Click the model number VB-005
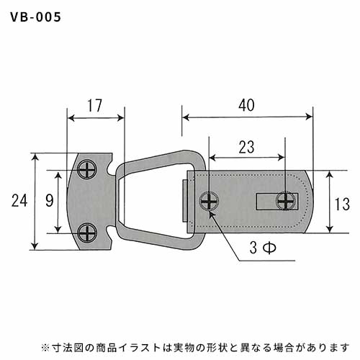[x=35, y=17]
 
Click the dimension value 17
[x=94, y=105]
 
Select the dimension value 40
[x=246, y=105]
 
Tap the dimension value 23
[x=246, y=147]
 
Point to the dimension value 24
[x=19, y=201]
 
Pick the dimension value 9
[x=50, y=201]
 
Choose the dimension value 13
[x=342, y=204]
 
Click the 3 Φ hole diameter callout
[x=263, y=248]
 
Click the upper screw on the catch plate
[x=87, y=170]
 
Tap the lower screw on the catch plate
[x=87, y=233]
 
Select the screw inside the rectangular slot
[x=286, y=201]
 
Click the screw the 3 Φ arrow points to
[x=210, y=201]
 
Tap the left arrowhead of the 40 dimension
[x=186, y=117]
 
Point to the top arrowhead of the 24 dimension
[x=35, y=157]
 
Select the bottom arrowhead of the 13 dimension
[x=330, y=229]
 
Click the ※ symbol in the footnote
[x=45, y=348]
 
